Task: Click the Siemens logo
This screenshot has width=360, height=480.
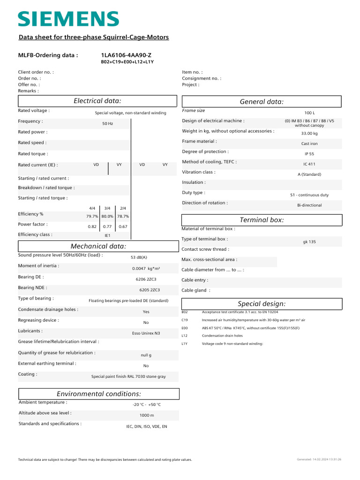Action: pyautogui.click(x=68, y=19)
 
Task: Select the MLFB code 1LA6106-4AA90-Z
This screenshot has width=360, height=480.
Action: pyautogui.click(x=126, y=55)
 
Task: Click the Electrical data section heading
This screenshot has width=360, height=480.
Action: pyautogui.click(x=97, y=101)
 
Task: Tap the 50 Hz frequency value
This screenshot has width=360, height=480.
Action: pyautogui.click(x=108, y=124)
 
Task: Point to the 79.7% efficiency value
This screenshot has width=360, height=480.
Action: pyautogui.click(x=92, y=217)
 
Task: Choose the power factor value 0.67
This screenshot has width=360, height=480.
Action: pyautogui.click(x=123, y=227)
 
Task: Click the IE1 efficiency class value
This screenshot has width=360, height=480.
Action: pyautogui.click(x=107, y=236)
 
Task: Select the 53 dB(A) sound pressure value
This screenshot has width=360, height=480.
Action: pyautogui.click(x=139, y=257)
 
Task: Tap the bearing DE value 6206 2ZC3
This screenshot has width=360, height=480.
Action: pyautogui.click(x=146, y=279)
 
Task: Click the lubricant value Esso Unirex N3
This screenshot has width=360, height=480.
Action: pyautogui.click(x=146, y=333)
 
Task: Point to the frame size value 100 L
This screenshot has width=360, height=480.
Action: pyautogui.click(x=309, y=113)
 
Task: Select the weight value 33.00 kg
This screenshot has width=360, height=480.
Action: pyautogui.click(x=309, y=134)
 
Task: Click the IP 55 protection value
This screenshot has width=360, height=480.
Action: pyautogui.click(x=309, y=154)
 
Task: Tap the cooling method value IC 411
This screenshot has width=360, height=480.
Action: pyautogui.click(x=309, y=164)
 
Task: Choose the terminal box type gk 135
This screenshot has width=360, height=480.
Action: pyautogui.click(x=309, y=242)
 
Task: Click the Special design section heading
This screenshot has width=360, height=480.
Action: pyautogui.click(x=262, y=304)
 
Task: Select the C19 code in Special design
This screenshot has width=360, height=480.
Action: pyautogui.click(x=184, y=320)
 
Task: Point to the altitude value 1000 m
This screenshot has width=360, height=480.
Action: pyautogui.click(x=147, y=415)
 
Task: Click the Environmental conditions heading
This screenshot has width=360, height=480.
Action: pyautogui.click(x=98, y=394)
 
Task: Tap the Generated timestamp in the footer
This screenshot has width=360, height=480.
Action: pyautogui.click(x=319, y=460)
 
